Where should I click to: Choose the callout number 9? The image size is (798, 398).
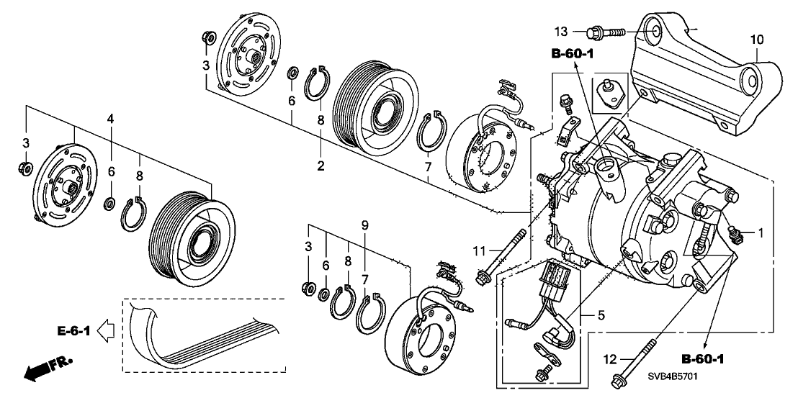click(x=365, y=225)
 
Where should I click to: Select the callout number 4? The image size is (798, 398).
click(x=111, y=117)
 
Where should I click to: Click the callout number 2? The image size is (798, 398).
click(x=320, y=166)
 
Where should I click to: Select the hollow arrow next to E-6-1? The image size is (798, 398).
click(x=105, y=330)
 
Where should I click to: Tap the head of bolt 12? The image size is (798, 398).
click(x=619, y=380)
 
